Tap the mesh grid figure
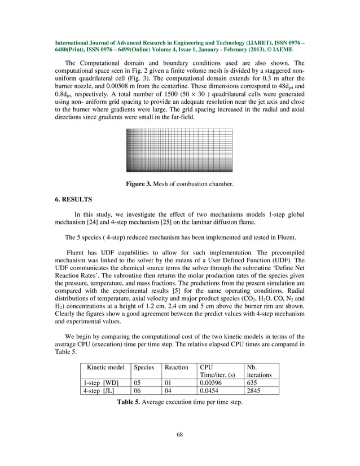180,150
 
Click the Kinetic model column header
106,367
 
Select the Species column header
144,367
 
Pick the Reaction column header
176,367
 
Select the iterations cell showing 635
253,383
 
